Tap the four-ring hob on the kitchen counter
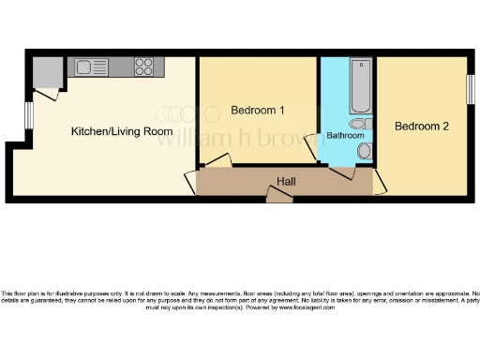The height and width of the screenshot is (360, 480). tap(144, 67)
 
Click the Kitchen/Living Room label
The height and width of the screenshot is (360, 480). tap(115, 132)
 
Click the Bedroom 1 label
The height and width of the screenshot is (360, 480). tap(258, 111)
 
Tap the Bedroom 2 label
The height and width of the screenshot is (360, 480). tap(420, 127)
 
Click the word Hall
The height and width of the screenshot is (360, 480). tap(287, 180)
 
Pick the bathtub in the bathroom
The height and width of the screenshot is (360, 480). tap(359, 87)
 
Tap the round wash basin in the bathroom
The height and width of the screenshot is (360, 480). tap(364, 151)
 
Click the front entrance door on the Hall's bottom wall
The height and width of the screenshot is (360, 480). tap(278, 194)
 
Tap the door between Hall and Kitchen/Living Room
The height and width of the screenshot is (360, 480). tap(191, 181)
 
